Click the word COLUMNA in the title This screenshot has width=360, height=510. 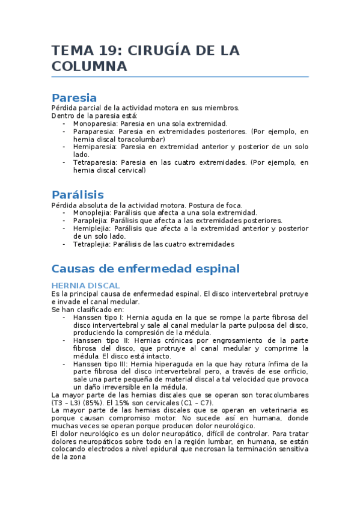(x=89, y=67)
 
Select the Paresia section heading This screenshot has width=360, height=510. (x=74, y=98)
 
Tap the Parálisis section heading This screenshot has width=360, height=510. (x=78, y=195)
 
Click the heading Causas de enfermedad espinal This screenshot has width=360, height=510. (x=145, y=268)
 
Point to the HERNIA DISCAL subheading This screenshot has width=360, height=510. (x=85, y=285)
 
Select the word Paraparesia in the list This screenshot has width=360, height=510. (x=94, y=131)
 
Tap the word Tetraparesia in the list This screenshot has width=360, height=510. (x=95, y=162)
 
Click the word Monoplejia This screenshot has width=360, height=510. (x=92, y=213)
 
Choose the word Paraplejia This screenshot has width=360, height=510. (x=90, y=221)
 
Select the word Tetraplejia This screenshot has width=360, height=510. (x=91, y=244)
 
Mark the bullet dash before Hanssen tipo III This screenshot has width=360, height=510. (x=64, y=364)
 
